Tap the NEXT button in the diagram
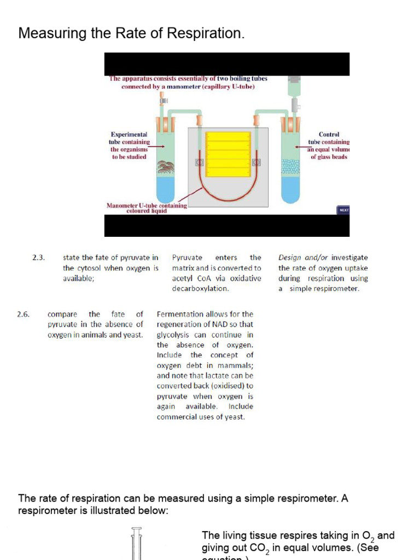pyautogui.click(x=344, y=209)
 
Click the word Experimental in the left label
pyautogui.click(x=129, y=134)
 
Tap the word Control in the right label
pyautogui.click(x=329, y=134)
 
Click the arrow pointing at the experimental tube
pyautogui.click(x=157, y=147)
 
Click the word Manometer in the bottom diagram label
pyautogui.click(x=122, y=206)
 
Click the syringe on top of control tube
pyautogui.click(x=294, y=87)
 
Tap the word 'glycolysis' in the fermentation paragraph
pyautogui.click(x=173, y=335)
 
